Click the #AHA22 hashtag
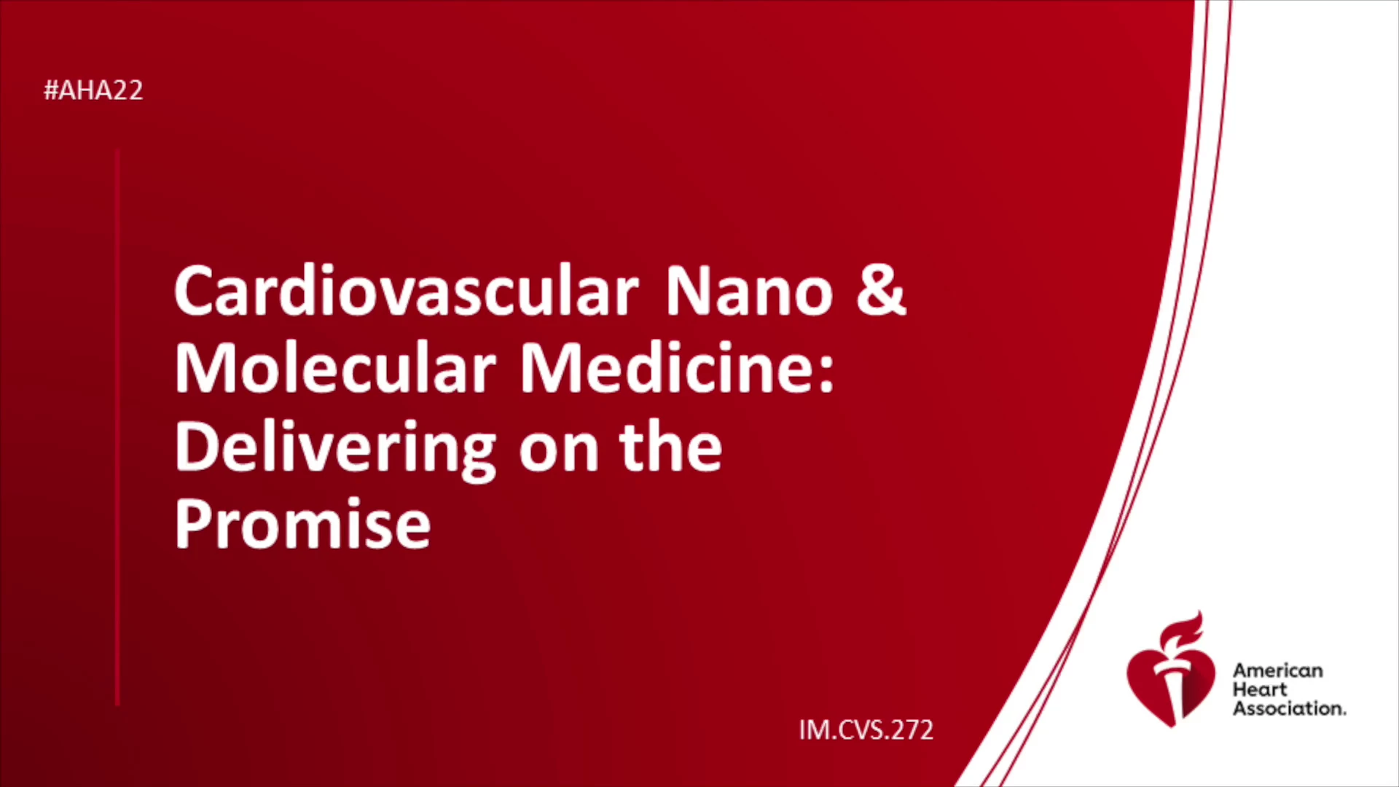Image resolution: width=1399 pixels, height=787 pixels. click(x=93, y=90)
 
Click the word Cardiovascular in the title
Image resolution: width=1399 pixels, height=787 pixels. click(x=407, y=291)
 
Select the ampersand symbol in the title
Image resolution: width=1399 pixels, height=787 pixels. click(x=882, y=291)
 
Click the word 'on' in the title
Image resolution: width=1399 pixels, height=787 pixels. click(x=559, y=453)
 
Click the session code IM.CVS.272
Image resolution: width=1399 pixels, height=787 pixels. click(x=866, y=729)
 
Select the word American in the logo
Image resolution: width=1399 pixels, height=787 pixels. click(x=1278, y=670)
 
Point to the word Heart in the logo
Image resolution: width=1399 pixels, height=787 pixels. click(x=1260, y=689)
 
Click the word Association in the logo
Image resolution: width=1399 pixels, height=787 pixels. click(x=1289, y=708)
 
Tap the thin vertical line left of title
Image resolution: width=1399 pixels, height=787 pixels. click(x=117, y=427)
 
